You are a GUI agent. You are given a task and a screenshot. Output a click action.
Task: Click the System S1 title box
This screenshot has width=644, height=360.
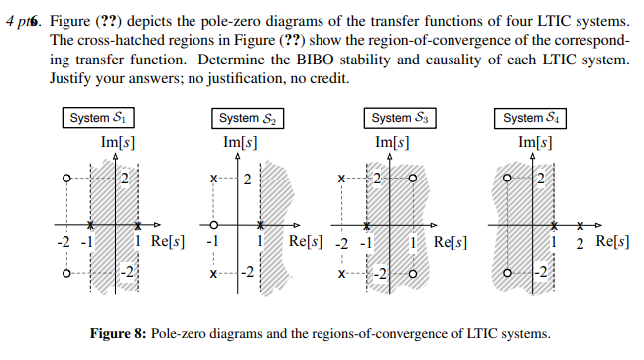tap(96, 118)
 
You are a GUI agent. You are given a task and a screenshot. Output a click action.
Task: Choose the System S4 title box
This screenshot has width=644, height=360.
tap(537, 118)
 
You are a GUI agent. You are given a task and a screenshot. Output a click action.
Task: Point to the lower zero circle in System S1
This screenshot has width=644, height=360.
tap(65, 273)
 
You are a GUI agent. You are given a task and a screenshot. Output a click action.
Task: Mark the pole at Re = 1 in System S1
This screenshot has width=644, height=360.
tap(139, 225)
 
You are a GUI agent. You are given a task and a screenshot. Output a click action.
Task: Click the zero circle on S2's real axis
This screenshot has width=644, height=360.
tap(211, 225)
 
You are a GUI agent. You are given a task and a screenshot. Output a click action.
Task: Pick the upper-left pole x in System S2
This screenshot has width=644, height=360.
tap(211, 180)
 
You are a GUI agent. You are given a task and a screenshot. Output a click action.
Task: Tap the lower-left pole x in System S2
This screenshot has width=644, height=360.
tap(211, 273)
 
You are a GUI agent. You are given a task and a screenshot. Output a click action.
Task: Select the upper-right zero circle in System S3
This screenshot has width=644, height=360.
tap(411, 180)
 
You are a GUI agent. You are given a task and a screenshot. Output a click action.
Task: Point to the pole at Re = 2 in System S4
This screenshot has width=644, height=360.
tap(581, 225)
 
